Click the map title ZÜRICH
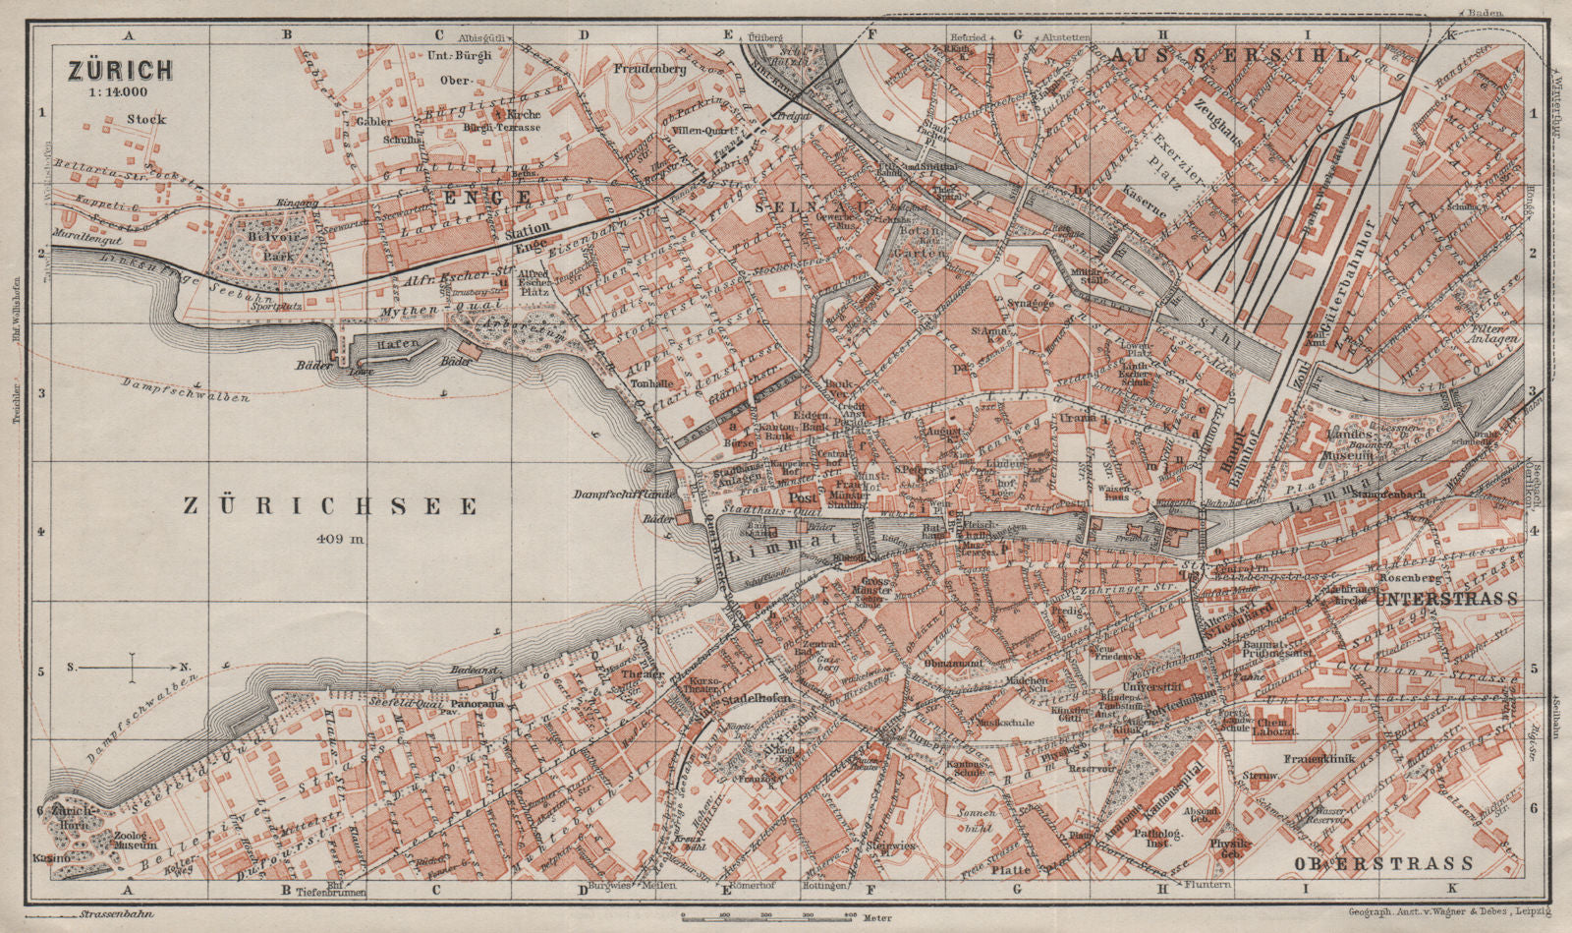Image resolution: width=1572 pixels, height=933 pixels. [119, 70]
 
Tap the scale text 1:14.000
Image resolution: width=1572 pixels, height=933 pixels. [118, 92]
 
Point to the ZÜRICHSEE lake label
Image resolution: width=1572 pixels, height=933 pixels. [331, 506]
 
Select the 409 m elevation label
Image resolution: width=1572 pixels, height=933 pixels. [340, 538]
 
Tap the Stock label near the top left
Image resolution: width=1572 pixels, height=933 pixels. [146, 120]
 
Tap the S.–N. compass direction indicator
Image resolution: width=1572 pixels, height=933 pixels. [130, 668]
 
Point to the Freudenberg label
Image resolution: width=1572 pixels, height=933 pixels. [648, 70]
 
